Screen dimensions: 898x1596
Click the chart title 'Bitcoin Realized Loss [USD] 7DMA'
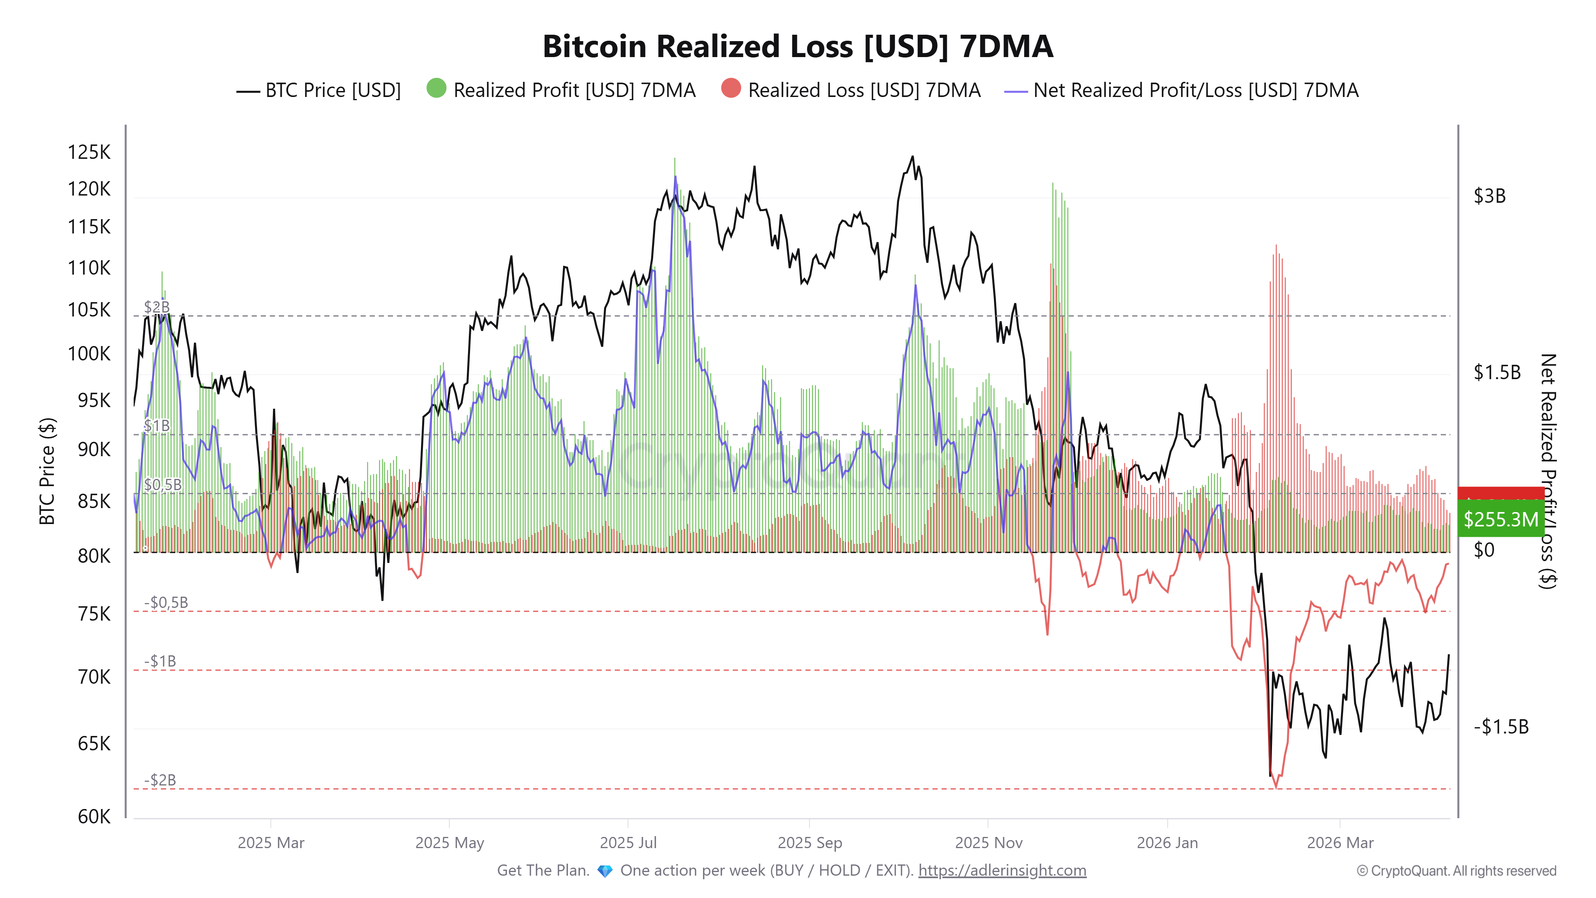(x=797, y=46)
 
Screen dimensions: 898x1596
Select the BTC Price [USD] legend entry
(x=319, y=91)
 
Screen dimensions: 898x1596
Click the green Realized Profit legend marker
(x=436, y=89)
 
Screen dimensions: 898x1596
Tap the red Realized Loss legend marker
(x=731, y=89)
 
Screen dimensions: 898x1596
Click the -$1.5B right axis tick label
(x=1501, y=726)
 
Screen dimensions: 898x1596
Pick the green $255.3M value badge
(x=1500, y=519)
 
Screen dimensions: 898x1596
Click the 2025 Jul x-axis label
(x=628, y=843)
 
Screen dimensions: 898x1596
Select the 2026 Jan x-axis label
(x=1167, y=843)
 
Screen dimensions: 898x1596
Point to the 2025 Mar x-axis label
(x=271, y=843)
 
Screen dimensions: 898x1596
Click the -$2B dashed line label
(x=160, y=779)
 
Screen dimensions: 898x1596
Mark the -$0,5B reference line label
(x=166, y=602)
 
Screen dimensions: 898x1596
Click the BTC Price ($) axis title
(x=47, y=471)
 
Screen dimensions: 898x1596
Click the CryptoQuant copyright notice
(x=1456, y=871)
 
